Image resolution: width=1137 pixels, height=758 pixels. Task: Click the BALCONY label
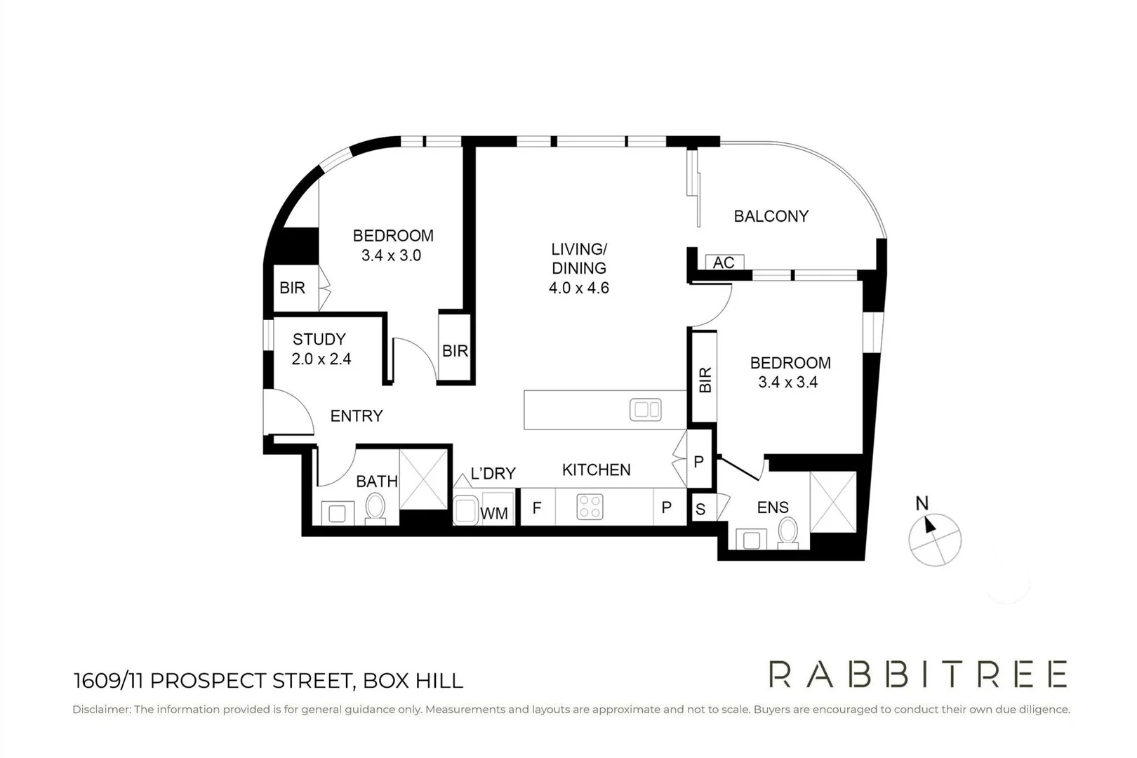pos(771,216)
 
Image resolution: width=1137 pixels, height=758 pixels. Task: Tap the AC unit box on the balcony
pos(724,262)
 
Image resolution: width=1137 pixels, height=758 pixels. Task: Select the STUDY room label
pos(319,338)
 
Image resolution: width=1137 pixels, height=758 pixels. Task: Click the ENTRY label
pos(357,415)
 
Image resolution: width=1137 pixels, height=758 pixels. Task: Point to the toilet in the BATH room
pos(375,508)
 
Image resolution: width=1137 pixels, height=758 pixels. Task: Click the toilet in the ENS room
pos(787,533)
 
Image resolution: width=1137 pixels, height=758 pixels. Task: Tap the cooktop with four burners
pos(590,507)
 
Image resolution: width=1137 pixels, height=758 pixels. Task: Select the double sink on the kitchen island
pos(646,410)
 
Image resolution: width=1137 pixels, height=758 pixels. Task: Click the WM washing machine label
pos(494,514)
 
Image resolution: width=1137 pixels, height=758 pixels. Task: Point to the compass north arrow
pos(929,524)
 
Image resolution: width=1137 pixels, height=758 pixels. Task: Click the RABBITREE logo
pos(918,674)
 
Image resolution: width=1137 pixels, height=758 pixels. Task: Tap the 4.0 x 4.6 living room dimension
pos(578,288)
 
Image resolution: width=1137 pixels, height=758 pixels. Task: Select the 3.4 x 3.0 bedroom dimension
pos(391,255)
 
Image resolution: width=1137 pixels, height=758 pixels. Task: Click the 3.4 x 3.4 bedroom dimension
pos(787,382)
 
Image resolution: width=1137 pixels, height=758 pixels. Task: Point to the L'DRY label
pos(493,474)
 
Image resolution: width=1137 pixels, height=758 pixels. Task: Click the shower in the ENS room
pos(834,502)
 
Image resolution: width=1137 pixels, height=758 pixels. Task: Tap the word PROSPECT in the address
pos(208,681)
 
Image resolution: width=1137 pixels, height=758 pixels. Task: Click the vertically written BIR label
pos(705,380)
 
